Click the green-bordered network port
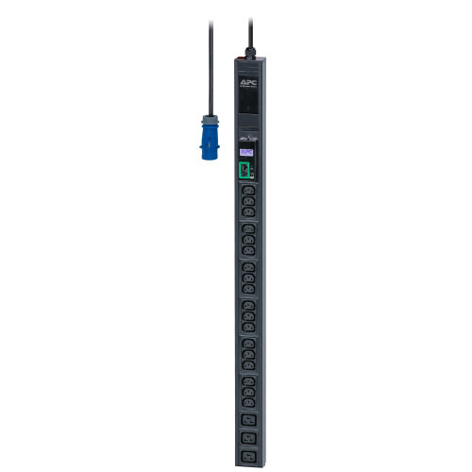coord(244,170)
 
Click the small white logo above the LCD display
coord(245,140)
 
